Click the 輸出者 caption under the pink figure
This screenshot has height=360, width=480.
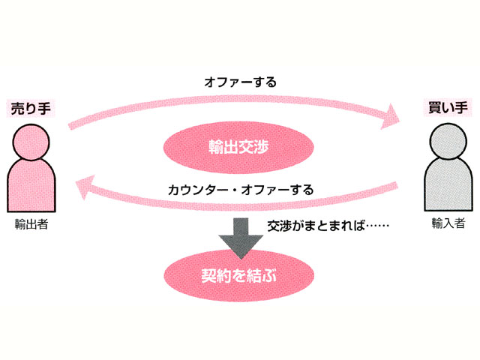pos(31,223)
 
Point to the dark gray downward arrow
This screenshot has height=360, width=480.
pos(239,234)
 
